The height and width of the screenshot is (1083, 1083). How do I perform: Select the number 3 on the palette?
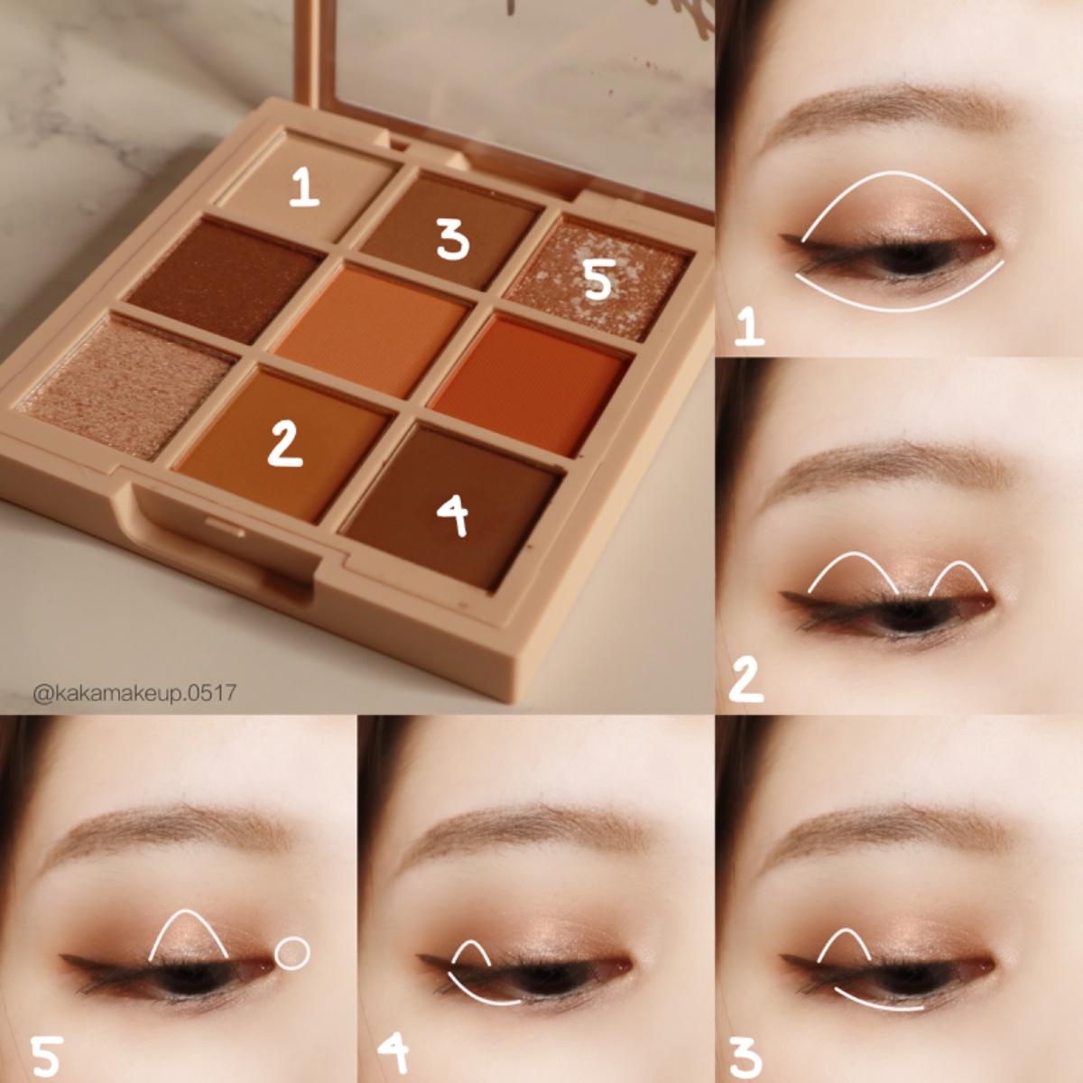(453, 240)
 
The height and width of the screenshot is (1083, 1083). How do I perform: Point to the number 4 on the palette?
(453, 517)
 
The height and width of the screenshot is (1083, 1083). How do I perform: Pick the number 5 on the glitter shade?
(597, 282)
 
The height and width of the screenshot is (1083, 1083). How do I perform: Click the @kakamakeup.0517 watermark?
(134, 693)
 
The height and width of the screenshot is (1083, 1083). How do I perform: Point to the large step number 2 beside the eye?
(745, 680)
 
